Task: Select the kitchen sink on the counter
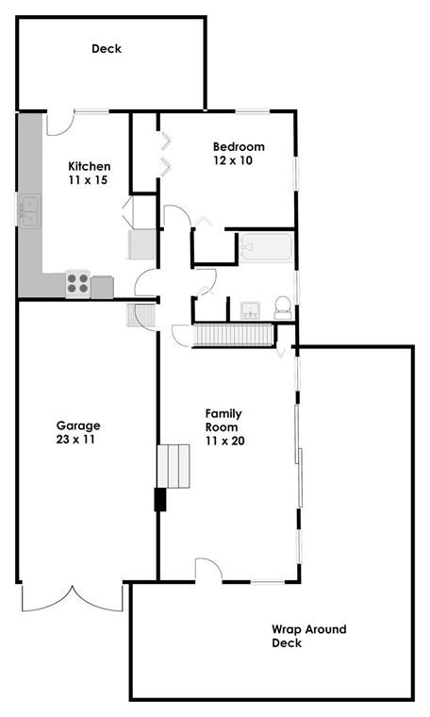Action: [29, 210]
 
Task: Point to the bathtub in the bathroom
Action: [265, 249]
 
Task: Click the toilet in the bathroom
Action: [280, 307]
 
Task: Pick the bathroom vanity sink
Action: [251, 309]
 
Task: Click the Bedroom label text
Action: [239, 146]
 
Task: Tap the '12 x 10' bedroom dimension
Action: [238, 160]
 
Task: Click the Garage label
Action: [77, 425]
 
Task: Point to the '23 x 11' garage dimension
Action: [77, 439]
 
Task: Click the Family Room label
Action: [225, 420]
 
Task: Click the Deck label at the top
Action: [107, 49]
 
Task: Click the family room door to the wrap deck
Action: [208, 569]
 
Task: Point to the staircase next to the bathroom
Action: [233, 335]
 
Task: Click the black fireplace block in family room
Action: [159, 499]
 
